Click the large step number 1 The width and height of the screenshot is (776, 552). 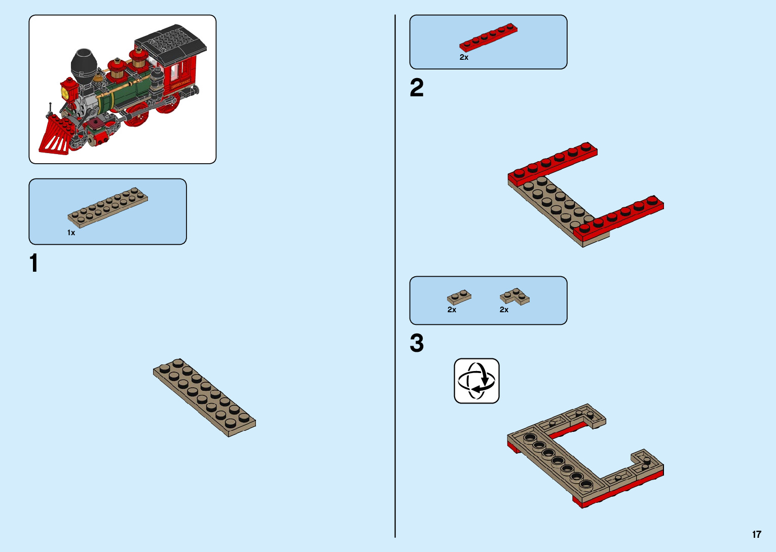click(x=34, y=264)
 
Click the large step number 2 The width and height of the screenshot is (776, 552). click(x=417, y=88)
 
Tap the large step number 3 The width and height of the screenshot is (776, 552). click(x=417, y=343)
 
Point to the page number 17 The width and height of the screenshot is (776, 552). click(x=757, y=534)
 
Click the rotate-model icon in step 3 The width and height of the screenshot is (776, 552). click(x=476, y=381)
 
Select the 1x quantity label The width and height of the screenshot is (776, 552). click(x=71, y=233)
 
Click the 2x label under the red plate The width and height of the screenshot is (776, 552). click(x=464, y=57)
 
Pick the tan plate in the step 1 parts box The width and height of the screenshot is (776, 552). click(x=108, y=207)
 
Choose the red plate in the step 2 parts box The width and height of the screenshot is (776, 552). click(x=488, y=38)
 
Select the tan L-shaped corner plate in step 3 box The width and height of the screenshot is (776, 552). click(x=515, y=296)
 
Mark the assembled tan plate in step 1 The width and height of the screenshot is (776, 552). click(x=204, y=398)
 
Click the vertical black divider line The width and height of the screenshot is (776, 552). click(x=395, y=276)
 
